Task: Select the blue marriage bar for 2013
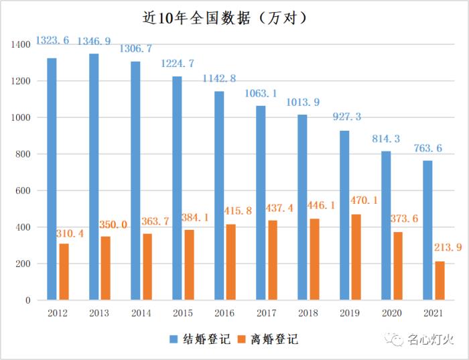point(94,177)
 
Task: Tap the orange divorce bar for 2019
point(356,257)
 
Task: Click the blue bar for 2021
point(427,231)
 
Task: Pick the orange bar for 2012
point(64,272)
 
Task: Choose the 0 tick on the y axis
point(27,301)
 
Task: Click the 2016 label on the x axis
point(224,314)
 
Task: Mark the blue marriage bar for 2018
point(302,208)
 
